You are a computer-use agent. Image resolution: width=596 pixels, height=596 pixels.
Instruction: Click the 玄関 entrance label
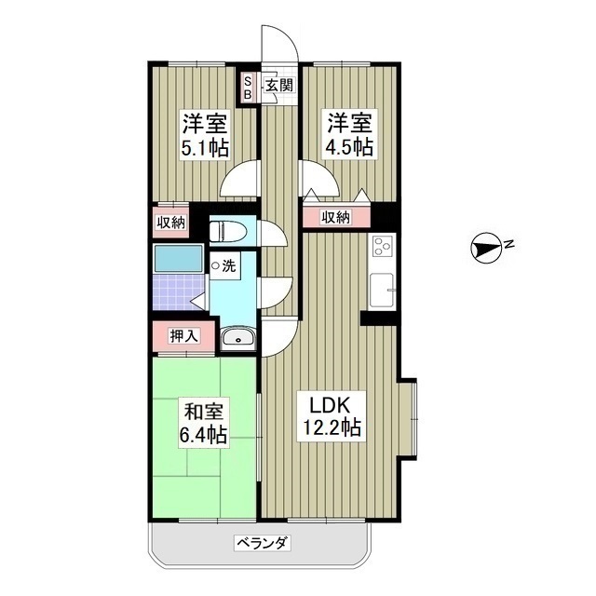pos(278,87)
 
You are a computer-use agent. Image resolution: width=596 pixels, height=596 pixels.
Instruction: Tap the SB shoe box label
pos(248,88)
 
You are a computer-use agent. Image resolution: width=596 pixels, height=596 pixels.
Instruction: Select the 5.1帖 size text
pos(205,148)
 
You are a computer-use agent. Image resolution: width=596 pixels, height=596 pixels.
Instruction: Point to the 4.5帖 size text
pos(349,147)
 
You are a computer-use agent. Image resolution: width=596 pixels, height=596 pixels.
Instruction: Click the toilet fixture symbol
pos(228,229)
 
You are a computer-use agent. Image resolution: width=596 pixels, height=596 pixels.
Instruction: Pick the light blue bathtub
pos(178,259)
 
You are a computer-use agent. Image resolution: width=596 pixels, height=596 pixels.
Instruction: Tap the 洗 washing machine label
pos(226,266)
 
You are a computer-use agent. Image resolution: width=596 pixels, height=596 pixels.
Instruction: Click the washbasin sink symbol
pos(238,337)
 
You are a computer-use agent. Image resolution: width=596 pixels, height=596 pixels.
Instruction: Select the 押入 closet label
pos(183,335)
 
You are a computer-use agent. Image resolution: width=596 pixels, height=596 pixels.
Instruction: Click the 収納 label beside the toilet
pos(170,222)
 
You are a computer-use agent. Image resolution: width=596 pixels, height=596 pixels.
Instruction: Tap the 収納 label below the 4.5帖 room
pos(336,217)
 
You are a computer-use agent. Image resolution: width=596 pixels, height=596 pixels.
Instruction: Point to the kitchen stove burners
pos(383,247)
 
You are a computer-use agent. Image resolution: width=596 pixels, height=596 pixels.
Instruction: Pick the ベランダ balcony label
pos(260,542)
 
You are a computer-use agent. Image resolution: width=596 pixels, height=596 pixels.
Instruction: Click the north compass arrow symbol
pos(485,247)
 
